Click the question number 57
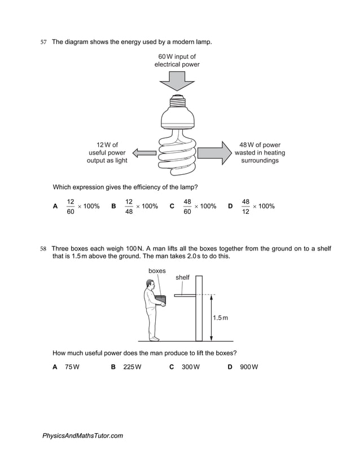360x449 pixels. point(43,42)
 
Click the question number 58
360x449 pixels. point(43,249)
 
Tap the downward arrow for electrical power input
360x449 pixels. point(177,82)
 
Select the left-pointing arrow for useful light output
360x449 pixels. point(144,152)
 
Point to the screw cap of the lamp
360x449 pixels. point(177,102)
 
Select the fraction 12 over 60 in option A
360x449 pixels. point(71,206)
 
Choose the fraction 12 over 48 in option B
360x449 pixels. point(129,206)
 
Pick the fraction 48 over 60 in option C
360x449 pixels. point(187,206)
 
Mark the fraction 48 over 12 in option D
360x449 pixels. point(245,206)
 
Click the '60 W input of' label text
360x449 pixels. point(177,56)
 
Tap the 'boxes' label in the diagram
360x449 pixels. point(157,271)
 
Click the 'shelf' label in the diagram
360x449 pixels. point(182,278)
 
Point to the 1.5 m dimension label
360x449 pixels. point(220,318)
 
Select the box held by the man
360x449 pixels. point(161,299)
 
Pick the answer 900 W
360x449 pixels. point(248,367)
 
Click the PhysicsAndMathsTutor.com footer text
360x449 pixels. point(82,435)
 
